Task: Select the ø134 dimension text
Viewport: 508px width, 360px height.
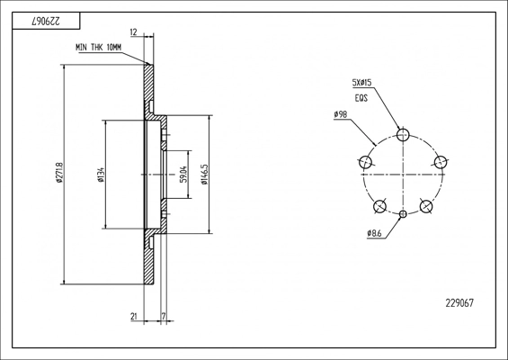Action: pos(101,175)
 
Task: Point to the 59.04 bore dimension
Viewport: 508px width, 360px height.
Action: pos(183,175)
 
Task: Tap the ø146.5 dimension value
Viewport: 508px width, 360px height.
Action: pos(204,175)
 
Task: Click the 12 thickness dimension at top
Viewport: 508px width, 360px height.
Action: pos(133,32)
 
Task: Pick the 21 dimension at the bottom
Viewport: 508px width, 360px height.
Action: pos(134,316)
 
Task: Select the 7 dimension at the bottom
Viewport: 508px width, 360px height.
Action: pos(164,316)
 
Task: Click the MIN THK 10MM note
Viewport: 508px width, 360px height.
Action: pos(99,48)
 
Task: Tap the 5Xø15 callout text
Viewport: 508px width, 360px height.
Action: pos(361,83)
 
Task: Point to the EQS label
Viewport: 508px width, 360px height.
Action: pos(361,98)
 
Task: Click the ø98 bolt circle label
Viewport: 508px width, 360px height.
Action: pos(341,114)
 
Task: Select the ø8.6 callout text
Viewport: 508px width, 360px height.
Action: pos(375,233)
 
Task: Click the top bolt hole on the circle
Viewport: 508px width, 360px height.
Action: pos(403,134)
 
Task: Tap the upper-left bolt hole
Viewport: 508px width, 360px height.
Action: pos(365,161)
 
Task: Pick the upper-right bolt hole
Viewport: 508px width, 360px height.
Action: pos(441,162)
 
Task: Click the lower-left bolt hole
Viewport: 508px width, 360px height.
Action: pos(379,206)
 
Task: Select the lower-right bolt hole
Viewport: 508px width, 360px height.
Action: pos(426,206)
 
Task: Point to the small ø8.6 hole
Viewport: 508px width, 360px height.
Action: pos(403,214)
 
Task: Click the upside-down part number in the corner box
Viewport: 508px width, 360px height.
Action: pos(46,22)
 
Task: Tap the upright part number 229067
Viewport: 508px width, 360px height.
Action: pos(459,303)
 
